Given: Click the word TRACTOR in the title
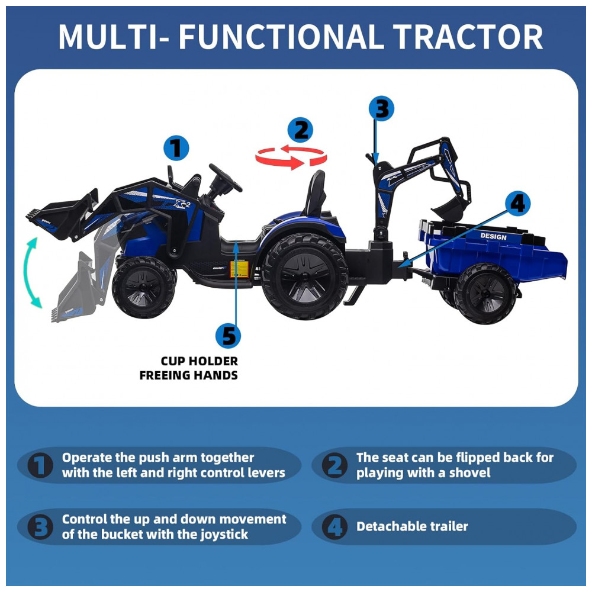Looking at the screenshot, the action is point(468,37).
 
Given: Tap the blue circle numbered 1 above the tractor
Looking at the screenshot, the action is point(176,148).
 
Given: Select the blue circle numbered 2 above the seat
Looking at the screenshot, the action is point(300,130).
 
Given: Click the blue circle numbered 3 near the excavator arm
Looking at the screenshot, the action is point(381,109).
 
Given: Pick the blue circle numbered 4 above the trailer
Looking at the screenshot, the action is point(517,204).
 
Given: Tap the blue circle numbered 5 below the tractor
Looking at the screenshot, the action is point(228,335).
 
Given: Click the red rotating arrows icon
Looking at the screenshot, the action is point(291,156).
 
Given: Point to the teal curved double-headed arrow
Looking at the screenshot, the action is point(31,272).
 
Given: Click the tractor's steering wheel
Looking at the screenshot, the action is point(226,178).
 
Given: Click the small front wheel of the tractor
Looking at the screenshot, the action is point(144,287).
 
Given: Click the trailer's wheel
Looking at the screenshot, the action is point(486,294).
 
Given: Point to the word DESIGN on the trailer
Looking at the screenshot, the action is point(493,236).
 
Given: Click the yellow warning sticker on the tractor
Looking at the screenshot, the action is point(239,269).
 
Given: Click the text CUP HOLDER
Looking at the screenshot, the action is point(200,361).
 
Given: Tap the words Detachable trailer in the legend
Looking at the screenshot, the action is point(412,526).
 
